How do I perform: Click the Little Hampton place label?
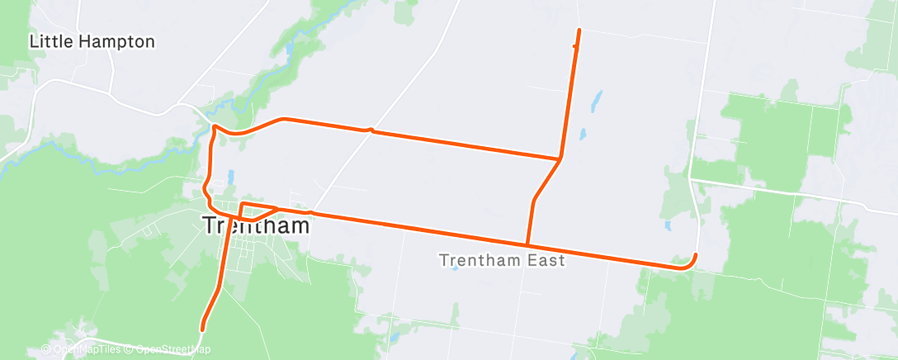92,41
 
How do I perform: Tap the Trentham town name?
257,225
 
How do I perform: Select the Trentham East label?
502,261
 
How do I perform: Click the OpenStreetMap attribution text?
173,349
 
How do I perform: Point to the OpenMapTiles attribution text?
87,349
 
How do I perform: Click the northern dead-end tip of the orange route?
579,31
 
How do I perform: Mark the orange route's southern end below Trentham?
202,329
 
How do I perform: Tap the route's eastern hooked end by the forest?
696,255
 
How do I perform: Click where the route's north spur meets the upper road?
560,158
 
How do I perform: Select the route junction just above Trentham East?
527,245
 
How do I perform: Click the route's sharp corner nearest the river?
214,127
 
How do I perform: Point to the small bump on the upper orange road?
371,129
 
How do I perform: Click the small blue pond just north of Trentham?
230,176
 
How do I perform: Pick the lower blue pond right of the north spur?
582,133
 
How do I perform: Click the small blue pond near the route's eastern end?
667,224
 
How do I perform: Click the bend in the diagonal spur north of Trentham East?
535,200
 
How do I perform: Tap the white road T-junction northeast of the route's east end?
690,178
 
